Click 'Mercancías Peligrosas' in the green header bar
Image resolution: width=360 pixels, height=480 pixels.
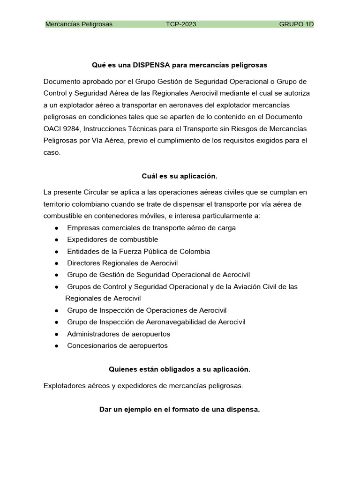point(79,24)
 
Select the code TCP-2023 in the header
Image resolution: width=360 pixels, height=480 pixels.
point(181,24)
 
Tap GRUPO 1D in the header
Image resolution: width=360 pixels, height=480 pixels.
point(296,24)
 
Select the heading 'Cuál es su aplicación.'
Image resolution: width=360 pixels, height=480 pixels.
point(180,176)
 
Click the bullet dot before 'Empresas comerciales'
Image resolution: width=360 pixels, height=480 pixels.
point(56,228)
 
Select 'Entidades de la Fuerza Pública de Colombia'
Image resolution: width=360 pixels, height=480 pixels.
point(138,251)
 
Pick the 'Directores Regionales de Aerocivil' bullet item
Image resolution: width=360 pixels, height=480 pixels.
point(122,263)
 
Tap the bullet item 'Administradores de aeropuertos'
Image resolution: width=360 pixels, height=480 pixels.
point(119,334)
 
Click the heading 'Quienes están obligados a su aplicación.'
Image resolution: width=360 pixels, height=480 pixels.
point(180,369)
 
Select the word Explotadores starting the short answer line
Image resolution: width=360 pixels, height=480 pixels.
point(64,386)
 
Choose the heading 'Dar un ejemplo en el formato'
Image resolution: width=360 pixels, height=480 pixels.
point(180,409)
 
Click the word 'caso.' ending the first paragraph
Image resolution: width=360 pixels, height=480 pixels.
point(52,152)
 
